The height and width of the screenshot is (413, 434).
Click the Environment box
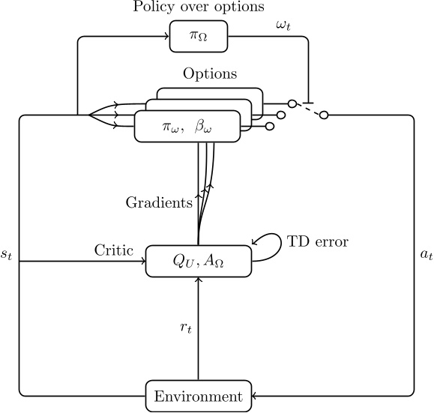198,395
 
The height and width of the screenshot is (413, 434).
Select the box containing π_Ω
198,37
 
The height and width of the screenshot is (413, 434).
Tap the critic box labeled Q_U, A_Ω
198,260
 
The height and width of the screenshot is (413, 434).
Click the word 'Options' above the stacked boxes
210,75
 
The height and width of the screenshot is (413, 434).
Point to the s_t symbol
7,255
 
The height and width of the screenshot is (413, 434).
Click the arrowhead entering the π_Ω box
166,37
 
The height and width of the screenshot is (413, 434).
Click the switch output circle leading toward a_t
325,115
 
